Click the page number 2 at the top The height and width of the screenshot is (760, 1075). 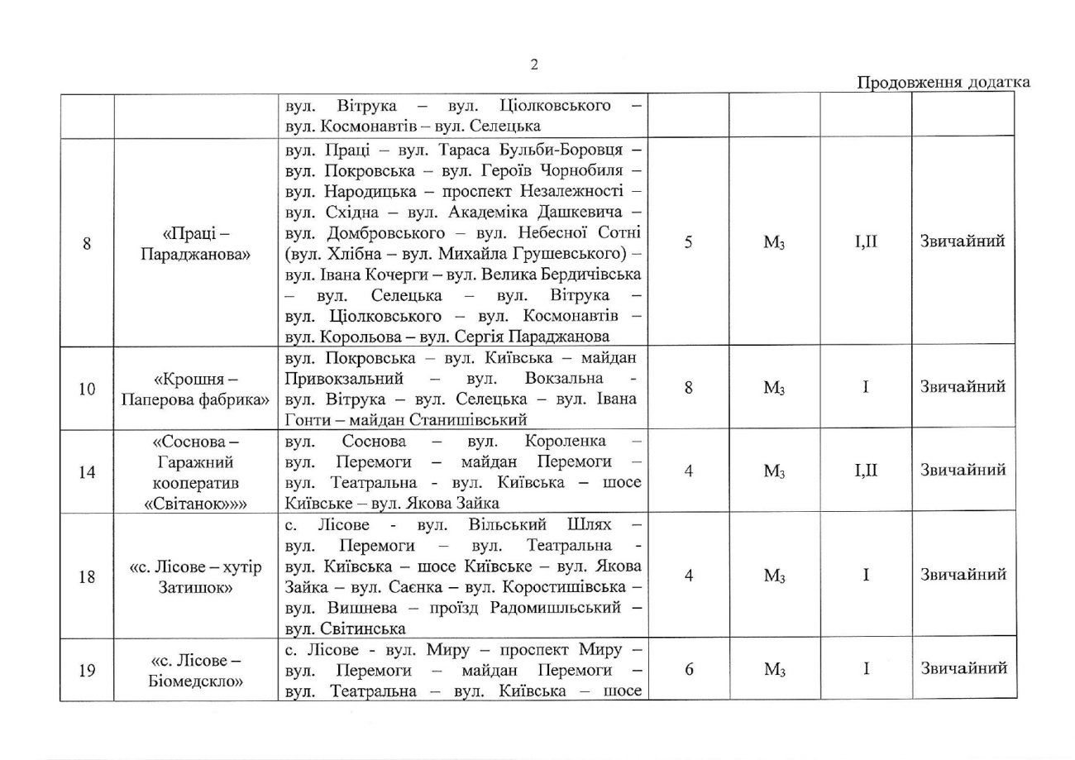[534, 65]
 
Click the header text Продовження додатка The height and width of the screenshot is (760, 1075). [943, 82]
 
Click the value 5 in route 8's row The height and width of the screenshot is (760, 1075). [688, 243]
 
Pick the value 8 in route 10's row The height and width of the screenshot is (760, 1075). [688, 387]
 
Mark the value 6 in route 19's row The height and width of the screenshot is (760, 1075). [688, 670]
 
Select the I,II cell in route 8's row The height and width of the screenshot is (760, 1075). [865, 242]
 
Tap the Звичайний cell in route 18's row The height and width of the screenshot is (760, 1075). [963, 575]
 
